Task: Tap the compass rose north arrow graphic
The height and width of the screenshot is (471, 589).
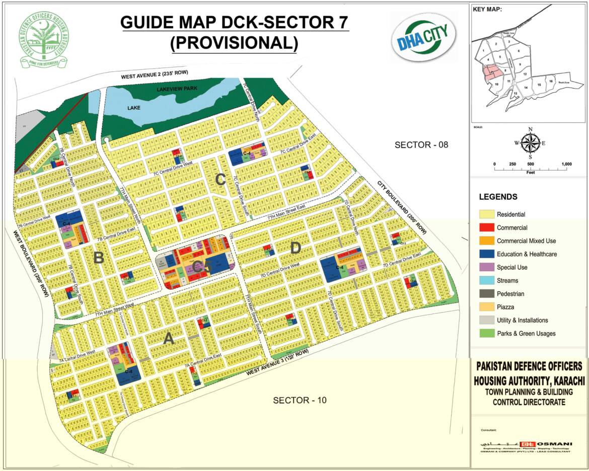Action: [x=530, y=142]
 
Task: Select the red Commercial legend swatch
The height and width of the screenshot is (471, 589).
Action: [x=486, y=228]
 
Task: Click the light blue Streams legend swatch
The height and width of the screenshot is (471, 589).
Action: [x=486, y=281]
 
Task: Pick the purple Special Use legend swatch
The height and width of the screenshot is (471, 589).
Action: [x=486, y=267]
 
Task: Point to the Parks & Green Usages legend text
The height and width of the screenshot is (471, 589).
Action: [x=526, y=334]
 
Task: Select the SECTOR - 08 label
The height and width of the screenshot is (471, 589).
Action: [x=421, y=145]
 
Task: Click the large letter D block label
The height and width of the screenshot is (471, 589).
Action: [x=296, y=248]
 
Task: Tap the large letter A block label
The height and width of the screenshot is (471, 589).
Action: [x=169, y=340]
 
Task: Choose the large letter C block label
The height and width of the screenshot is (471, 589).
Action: [x=219, y=180]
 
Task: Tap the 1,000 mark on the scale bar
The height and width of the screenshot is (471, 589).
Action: [x=566, y=165]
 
